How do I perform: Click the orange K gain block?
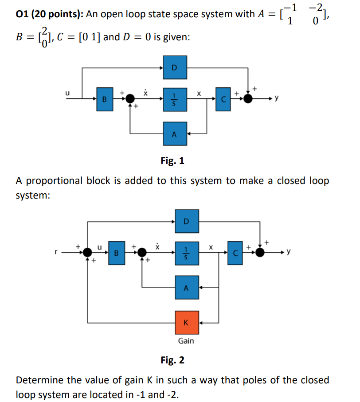186,322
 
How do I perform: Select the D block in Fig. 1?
174,68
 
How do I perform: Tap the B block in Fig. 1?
105,99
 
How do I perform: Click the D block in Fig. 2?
186,221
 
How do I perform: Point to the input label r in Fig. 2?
56,252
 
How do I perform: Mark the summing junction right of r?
88,252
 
